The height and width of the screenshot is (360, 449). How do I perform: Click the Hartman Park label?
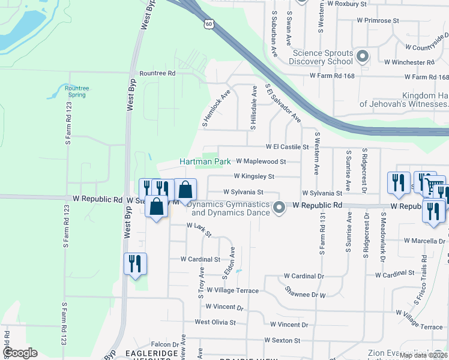pyautogui.click(x=205, y=162)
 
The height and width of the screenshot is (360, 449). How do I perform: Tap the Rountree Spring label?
pyautogui.click(x=76, y=91)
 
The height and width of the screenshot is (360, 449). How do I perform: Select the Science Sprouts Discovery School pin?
pyautogui.click(x=362, y=58)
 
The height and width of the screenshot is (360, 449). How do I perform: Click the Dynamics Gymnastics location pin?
pyautogui.click(x=279, y=208)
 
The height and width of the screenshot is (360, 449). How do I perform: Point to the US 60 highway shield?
pyautogui.click(x=208, y=23)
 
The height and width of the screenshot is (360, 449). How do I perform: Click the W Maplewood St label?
pyautogui.click(x=261, y=161)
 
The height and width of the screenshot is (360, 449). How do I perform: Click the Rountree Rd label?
pyautogui.click(x=157, y=73)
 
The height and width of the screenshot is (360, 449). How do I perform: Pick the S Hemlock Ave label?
pyautogui.click(x=217, y=109)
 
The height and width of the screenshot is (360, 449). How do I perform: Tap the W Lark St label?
pyautogui.click(x=199, y=229)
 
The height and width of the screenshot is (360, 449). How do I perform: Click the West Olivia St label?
pyautogui.click(x=215, y=322)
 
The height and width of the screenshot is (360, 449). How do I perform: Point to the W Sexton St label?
pyautogui.click(x=285, y=340)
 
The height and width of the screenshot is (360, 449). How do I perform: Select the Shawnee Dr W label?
pyautogui.click(x=305, y=295)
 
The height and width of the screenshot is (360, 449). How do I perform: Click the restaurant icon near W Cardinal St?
pyautogui.click(x=135, y=263)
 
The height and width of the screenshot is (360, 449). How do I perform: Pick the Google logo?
pyautogui.click(x=20, y=353)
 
